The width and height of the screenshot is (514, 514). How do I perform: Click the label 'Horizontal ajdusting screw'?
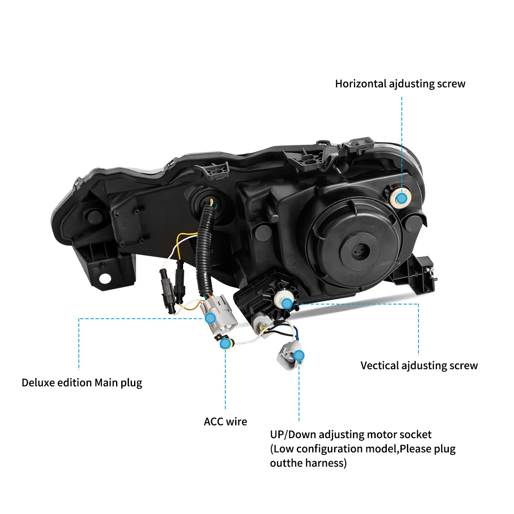pos(400,84)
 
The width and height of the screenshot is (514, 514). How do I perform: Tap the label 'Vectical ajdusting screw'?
pos(419,366)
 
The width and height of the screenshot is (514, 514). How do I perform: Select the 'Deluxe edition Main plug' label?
pos(82,383)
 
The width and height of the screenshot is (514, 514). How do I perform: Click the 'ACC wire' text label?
pos(225,422)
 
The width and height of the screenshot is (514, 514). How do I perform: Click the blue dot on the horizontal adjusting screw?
pos(401,198)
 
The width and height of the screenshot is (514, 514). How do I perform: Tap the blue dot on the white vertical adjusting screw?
pos(287,304)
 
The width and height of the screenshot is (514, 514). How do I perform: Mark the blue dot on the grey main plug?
pos(210,318)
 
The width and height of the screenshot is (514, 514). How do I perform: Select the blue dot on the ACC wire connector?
pos(225,344)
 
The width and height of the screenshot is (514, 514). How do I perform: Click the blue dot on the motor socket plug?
pos(299,356)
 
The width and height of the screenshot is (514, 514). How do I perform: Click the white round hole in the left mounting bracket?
pos(105,279)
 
